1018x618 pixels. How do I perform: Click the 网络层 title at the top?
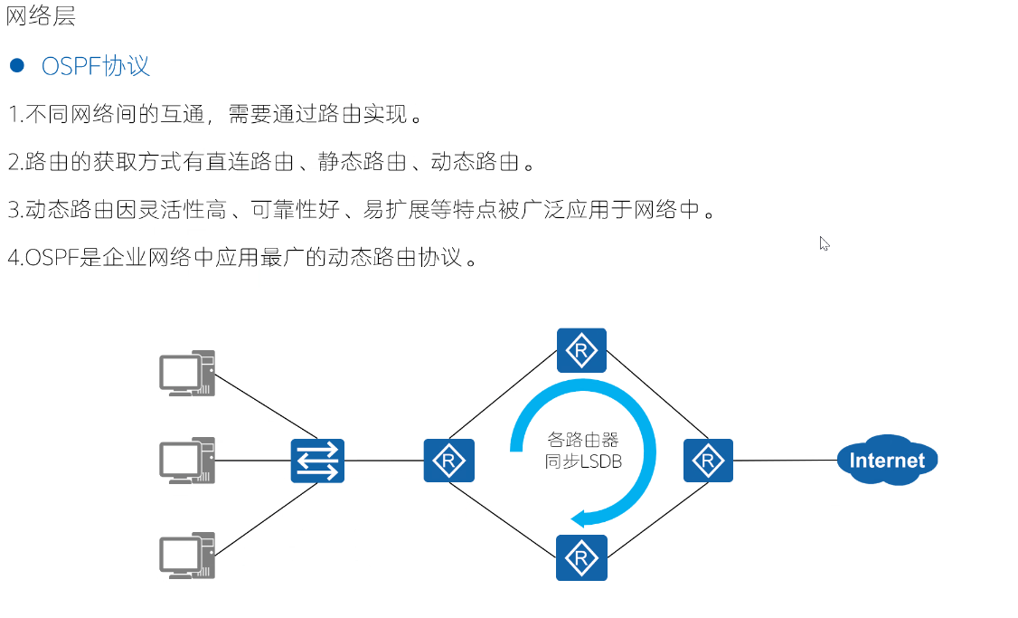point(41,16)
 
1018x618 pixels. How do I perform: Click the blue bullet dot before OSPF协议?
point(16,65)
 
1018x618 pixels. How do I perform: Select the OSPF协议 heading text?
point(96,66)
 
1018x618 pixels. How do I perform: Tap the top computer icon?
point(187,373)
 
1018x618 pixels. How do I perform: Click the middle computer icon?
point(187,461)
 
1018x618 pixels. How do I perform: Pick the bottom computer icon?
point(187,555)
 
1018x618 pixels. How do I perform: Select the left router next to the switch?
point(448,461)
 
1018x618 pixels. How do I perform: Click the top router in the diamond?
point(581,350)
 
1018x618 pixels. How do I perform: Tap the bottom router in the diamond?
point(581,557)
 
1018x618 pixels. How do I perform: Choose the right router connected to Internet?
point(708,461)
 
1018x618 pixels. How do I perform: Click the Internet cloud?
point(887,461)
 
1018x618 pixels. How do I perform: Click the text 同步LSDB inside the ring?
point(583,461)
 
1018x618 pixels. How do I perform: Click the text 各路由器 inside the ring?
point(583,441)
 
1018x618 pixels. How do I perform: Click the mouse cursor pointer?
point(824,242)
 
